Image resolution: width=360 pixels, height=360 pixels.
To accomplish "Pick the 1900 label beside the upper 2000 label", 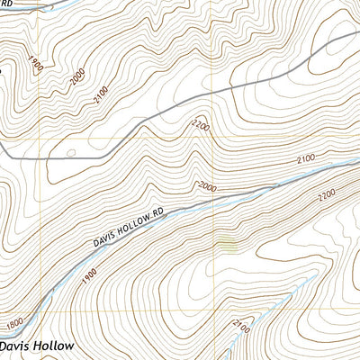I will click(34, 66).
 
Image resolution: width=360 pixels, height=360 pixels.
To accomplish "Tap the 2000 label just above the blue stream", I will click(206, 186).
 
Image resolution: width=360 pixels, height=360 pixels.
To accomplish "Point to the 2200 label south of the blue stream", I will click(325, 193).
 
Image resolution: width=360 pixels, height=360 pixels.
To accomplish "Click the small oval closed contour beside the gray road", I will click(70, 153).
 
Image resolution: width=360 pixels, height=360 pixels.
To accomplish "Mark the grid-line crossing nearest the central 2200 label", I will click(214, 139).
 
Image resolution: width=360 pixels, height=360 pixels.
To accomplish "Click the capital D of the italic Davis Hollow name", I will click(5, 346).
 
